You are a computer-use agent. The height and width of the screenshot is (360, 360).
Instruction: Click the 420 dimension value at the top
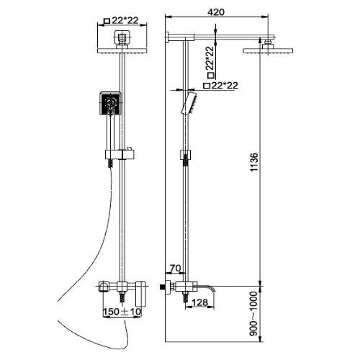click(216, 12)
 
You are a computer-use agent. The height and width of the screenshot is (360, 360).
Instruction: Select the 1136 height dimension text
click(253, 162)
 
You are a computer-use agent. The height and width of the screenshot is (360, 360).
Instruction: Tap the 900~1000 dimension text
click(253, 314)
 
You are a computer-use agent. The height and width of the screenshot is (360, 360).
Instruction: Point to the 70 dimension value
click(175, 268)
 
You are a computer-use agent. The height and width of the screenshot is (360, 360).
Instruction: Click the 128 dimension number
click(200, 302)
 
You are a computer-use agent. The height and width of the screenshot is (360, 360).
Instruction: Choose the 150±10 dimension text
click(122, 312)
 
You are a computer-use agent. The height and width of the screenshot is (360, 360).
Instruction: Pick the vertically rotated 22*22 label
click(210, 58)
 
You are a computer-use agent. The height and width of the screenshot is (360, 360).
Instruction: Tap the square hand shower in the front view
click(110, 104)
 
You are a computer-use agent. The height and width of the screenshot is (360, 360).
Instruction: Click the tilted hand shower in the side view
click(189, 103)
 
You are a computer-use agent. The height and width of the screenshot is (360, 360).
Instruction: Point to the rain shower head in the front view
click(122, 50)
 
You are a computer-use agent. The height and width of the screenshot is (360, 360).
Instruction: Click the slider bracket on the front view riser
click(120, 154)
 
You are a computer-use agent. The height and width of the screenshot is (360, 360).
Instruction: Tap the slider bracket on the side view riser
click(185, 155)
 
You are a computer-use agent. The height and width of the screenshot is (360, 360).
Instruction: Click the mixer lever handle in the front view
click(141, 294)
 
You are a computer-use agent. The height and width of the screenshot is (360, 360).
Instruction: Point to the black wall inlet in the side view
click(163, 287)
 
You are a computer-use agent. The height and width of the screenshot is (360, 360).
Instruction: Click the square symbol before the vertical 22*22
click(211, 75)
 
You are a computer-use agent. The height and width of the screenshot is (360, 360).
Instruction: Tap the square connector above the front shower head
click(122, 37)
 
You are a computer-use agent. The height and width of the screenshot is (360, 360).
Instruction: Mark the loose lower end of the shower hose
click(125, 321)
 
